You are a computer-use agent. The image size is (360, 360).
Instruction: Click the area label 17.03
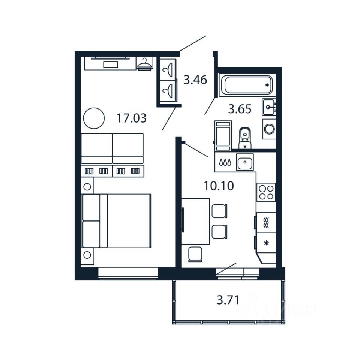click(131, 118)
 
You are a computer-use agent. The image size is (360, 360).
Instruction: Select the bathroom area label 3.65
click(240, 109)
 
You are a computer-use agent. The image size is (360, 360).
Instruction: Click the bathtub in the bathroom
click(247, 85)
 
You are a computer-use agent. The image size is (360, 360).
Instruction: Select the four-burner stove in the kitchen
click(266, 192)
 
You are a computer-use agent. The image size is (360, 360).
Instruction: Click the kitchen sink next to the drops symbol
click(245, 162)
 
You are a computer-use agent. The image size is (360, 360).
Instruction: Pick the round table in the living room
click(93, 118)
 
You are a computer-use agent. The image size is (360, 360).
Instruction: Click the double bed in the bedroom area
click(116, 221)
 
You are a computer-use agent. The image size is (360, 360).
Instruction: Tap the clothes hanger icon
click(144, 64)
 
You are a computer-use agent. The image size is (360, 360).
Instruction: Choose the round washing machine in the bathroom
click(269, 129)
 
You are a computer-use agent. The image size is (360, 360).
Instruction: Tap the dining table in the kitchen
click(195, 221)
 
